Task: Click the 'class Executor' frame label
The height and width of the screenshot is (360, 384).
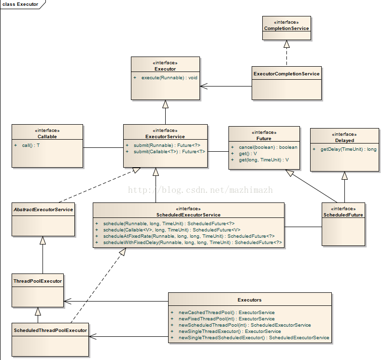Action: (20, 4)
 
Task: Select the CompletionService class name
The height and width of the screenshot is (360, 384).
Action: (286, 29)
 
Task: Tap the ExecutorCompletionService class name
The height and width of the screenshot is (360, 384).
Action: (286, 74)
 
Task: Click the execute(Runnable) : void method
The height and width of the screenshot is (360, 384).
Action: (169, 78)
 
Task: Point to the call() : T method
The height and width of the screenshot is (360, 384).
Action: (31, 145)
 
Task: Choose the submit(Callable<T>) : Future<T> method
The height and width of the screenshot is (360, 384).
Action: (170, 152)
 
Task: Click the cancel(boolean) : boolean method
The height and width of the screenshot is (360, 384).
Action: (268, 147)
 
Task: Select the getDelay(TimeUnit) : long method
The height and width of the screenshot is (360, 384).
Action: (348, 149)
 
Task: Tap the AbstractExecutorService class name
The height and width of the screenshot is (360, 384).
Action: (43, 210)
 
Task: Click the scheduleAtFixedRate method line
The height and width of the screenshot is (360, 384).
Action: (189, 236)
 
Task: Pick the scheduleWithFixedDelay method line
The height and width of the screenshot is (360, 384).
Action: (193, 243)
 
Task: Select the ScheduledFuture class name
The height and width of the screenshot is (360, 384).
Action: (343, 215)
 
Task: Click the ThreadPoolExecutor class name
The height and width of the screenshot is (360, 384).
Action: (38, 281)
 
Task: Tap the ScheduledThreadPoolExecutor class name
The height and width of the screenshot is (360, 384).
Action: (50, 331)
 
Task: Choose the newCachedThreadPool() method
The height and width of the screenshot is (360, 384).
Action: (227, 313)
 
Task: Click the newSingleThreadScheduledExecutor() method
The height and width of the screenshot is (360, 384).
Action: (254, 338)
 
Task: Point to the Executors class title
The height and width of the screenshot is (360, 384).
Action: (250, 300)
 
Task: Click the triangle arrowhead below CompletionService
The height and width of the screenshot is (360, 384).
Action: (286, 44)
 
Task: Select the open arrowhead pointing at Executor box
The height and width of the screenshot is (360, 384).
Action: (204, 86)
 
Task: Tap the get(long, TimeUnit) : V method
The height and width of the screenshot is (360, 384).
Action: (264, 160)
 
